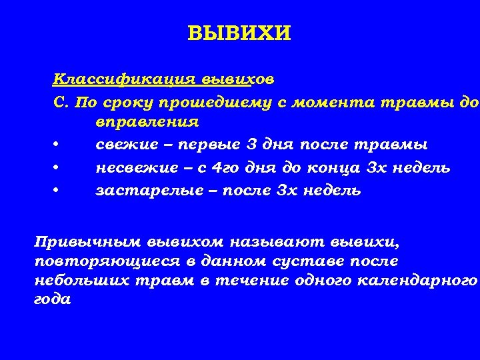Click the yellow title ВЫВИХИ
click(239, 33)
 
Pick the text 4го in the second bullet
click(228, 167)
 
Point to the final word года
click(51, 299)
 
